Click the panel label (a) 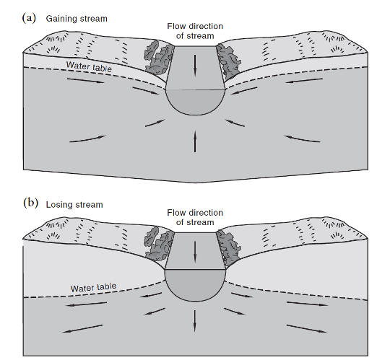[x=29, y=18]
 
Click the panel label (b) [x=30, y=203]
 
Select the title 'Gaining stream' [x=77, y=19]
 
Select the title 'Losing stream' [x=74, y=205]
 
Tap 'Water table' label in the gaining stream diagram [x=89, y=66]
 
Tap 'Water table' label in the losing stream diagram [x=93, y=287]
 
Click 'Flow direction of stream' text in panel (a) [x=195, y=31]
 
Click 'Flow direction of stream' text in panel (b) [x=195, y=217]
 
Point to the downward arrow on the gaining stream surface [x=195, y=66]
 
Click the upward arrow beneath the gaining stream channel [x=195, y=141]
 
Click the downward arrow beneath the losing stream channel [x=195, y=321]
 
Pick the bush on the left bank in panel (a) [x=158, y=58]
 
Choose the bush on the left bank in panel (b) [x=158, y=244]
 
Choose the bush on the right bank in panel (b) [x=227, y=247]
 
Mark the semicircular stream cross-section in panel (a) [x=195, y=102]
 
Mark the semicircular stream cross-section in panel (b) [x=195, y=284]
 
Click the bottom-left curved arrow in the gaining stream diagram [x=87, y=139]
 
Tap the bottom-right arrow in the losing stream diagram [x=307, y=329]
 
